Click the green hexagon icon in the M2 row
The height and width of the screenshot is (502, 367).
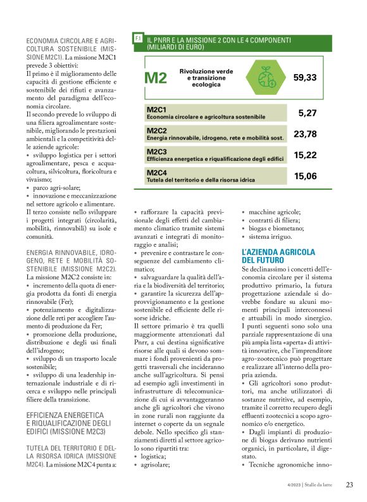pos(261,77)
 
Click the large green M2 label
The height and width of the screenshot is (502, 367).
pos(156,78)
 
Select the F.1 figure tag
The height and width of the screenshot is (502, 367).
pos(137,39)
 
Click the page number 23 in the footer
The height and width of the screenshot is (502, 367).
pos(349,485)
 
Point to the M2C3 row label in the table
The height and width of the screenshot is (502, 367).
pos(156,152)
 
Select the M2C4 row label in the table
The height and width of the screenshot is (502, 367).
pos(156,172)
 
